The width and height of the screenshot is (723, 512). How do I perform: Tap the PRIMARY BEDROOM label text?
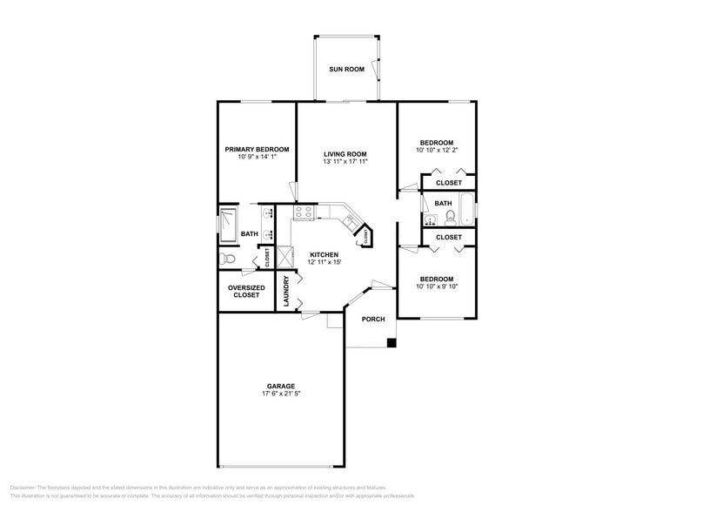tap(257, 149)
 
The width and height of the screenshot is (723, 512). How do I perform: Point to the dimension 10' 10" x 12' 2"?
tap(437, 151)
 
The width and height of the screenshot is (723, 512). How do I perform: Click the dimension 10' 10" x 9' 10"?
tap(437, 286)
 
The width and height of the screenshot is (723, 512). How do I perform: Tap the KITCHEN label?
tap(324, 254)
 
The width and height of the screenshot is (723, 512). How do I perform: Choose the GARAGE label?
tap(280, 386)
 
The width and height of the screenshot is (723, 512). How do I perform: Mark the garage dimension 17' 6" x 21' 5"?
tap(280, 394)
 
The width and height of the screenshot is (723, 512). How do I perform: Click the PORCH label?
tap(373, 319)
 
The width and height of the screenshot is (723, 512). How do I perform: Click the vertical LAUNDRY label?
tap(286, 292)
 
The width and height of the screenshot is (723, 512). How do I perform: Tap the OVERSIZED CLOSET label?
tap(245, 292)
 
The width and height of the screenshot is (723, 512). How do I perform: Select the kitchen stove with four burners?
tap(305, 212)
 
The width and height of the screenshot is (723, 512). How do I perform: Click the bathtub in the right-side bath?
tap(466, 209)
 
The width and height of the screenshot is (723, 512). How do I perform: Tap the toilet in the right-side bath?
tap(450, 218)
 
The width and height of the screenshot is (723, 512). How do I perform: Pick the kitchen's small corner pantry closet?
tap(366, 236)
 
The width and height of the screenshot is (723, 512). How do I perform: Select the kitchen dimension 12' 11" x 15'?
tap(324, 262)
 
